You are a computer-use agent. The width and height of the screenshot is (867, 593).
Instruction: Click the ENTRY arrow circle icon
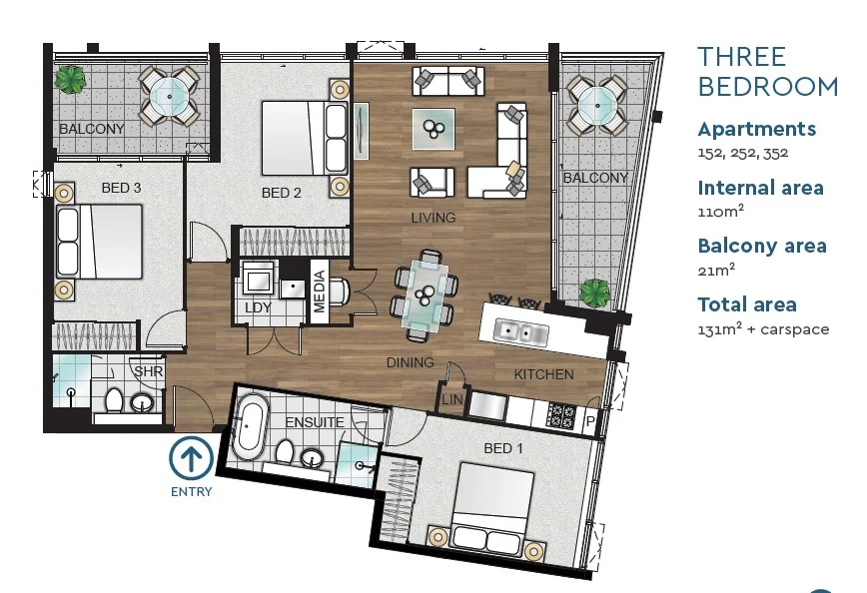coord(191,459)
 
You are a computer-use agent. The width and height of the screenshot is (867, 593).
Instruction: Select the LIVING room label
coord(433,217)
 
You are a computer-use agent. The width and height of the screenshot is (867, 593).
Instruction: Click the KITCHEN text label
coord(543,374)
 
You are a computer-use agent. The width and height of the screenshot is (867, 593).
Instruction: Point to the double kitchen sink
coord(520,330)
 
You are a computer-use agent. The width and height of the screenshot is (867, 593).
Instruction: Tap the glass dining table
coord(425,294)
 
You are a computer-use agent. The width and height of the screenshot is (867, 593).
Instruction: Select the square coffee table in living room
coord(433,128)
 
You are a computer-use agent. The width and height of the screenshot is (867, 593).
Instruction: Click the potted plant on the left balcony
coord(70,80)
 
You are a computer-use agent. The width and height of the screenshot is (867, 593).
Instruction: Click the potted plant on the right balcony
coord(594,294)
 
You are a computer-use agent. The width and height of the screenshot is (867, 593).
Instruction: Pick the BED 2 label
coord(281,193)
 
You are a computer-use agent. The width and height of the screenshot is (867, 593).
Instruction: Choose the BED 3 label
coord(121,187)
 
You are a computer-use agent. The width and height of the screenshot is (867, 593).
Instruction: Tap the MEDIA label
coord(320,292)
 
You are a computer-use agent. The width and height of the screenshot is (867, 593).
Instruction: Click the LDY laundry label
coord(258,307)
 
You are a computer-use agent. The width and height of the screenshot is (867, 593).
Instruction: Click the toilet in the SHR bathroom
coord(113,401)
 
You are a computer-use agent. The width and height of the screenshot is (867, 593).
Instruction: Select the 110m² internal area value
coord(720,212)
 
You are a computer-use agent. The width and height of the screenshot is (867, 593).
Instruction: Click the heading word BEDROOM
coord(767,87)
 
